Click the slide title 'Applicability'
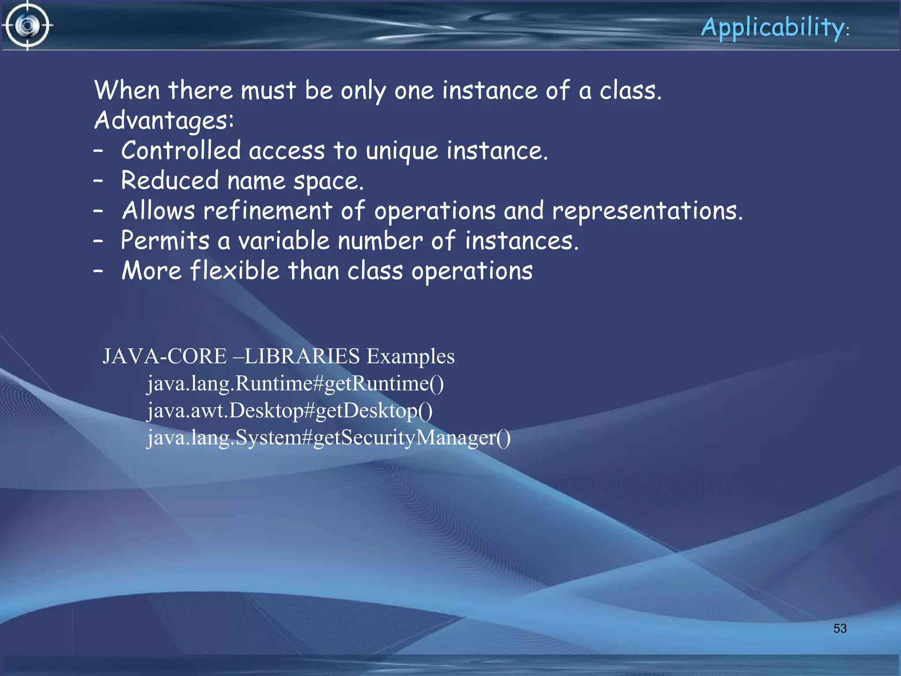click(773, 27)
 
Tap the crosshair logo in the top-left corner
click(27, 26)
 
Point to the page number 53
click(840, 628)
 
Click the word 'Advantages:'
click(164, 121)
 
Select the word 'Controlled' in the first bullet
click(181, 151)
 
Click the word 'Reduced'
click(170, 181)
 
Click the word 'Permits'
click(165, 241)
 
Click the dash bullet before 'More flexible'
click(98, 271)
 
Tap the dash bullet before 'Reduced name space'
click(98, 181)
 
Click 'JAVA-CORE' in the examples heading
click(165, 356)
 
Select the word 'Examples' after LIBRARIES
click(410, 356)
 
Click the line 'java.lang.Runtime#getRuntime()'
click(295, 383)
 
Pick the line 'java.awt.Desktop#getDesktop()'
click(289, 411)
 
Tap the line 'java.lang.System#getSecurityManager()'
click(329, 438)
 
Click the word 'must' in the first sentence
click(268, 91)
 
